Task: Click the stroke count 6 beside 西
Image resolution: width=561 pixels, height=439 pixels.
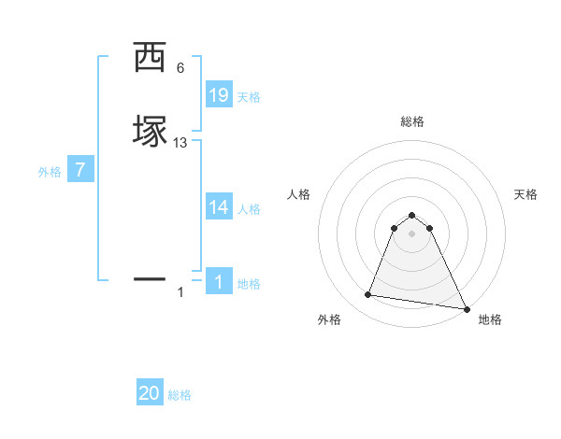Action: pos(180,67)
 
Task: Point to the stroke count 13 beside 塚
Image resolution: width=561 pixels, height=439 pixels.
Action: pos(180,142)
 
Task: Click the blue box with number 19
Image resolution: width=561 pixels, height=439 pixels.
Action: pos(219,94)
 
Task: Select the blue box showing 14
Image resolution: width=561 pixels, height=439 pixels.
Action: pos(219,206)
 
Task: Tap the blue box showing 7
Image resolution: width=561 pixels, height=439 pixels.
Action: pos(80,170)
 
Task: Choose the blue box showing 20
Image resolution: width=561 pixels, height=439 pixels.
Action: pos(150,393)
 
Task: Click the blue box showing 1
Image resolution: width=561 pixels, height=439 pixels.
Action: pos(219,281)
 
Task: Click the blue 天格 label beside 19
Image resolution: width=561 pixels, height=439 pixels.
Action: pos(249,97)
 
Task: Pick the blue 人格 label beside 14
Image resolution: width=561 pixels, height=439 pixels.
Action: pos(249,209)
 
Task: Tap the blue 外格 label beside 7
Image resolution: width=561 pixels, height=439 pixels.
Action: pos(50,172)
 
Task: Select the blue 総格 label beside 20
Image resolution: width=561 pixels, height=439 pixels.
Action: pos(180,395)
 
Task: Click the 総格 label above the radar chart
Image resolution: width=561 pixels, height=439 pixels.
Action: pos(412,121)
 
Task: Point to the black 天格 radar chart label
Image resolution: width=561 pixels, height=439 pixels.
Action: pos(525,194)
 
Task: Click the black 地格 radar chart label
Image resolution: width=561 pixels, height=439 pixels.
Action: pos(490,319)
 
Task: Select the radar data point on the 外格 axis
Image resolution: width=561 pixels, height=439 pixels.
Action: pos(367,295)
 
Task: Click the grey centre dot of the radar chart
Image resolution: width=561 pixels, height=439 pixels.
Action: pos(412,234)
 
